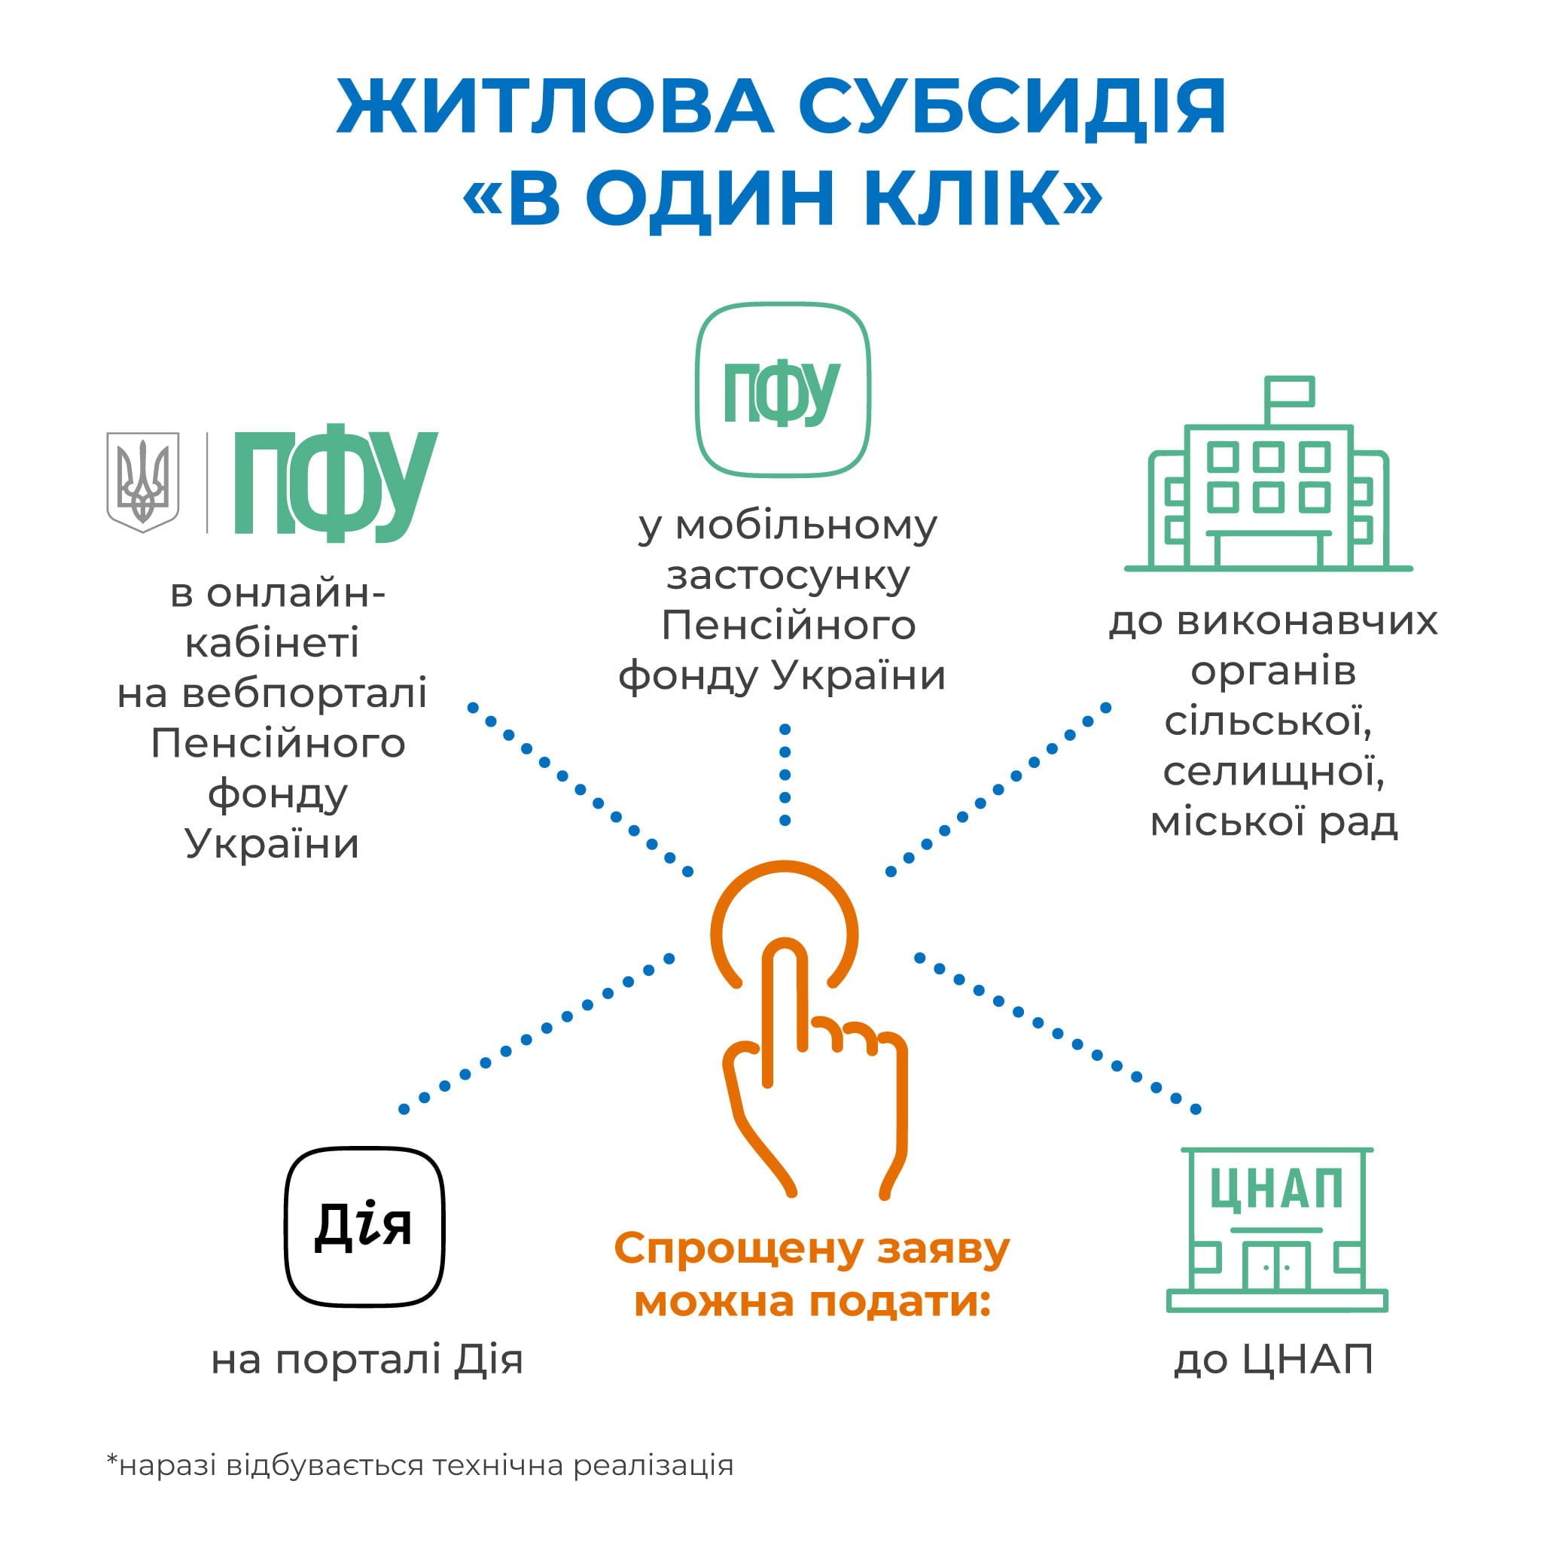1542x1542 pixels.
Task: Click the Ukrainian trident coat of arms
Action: [143, 482]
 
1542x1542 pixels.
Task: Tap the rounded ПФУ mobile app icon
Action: [782, 389]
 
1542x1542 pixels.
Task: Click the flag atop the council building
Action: [1288, 391]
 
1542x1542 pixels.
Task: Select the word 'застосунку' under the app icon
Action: [788, 575]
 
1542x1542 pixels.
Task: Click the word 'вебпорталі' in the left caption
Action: [305, 693]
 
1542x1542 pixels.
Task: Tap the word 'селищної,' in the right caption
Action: [1273, 771]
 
